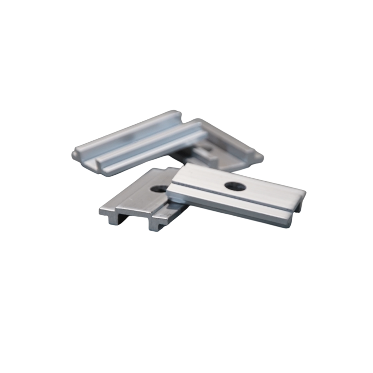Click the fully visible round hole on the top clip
(x=235, y=186)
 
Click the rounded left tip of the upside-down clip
(x=76, y=154)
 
